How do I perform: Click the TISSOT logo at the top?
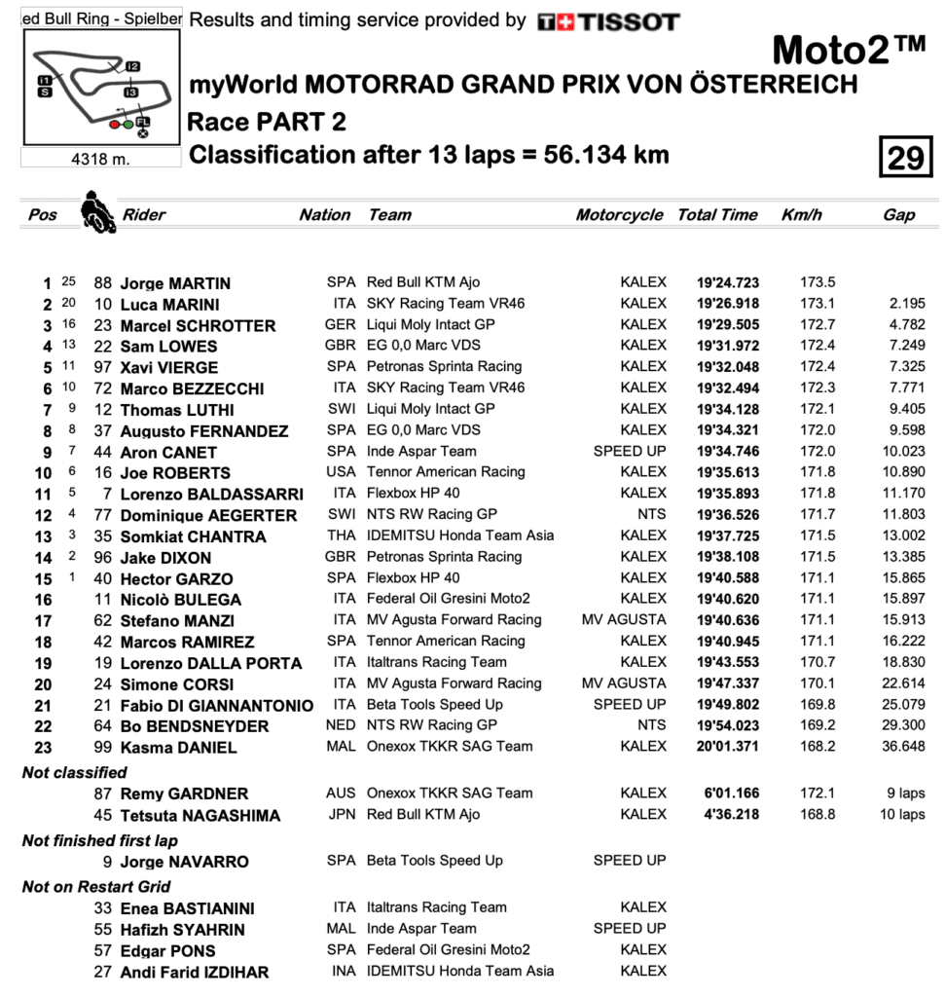coord(608,21)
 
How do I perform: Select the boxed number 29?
coord(905,157)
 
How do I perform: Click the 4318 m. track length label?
coord(100,158)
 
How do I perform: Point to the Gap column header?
coord(898,215)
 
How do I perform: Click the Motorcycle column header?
coord(619,215)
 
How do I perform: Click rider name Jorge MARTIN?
coord(175,284)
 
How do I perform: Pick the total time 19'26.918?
coord(727,305)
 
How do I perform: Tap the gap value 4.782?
coord(907,325)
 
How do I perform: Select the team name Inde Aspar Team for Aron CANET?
coord(421,452)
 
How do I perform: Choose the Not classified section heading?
coord(75,772)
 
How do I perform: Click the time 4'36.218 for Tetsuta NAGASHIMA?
coord(727,815)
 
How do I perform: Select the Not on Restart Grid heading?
coord(96,886)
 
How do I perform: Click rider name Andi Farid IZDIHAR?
coord(195,972)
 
